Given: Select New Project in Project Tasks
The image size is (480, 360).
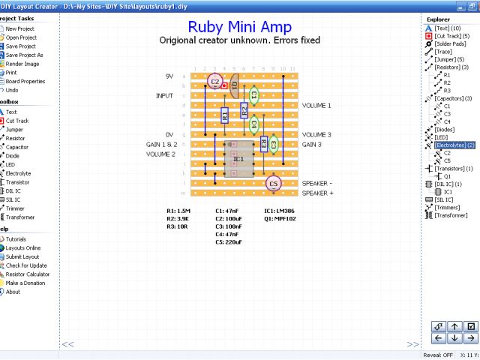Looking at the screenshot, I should coord(20,28).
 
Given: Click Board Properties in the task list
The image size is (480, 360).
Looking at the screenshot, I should coord(25,81).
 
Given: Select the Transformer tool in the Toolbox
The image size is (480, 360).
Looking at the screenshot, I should coord(22,217).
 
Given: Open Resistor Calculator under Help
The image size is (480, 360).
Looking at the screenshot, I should coord(28,274).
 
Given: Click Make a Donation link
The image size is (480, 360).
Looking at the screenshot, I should coord(25,283).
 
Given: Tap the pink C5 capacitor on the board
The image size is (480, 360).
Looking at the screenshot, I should coord(273,183).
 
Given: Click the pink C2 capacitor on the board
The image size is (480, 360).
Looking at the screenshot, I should coord(215,81).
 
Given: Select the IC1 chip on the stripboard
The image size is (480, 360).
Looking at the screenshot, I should coord(238,159).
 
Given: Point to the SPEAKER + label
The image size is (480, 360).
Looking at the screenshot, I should coord(318,193).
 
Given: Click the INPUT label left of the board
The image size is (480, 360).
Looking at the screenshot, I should coord(164,96).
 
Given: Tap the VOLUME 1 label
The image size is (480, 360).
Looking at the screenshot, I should coord(316,106).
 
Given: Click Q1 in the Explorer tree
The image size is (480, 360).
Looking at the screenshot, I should coord(447,176).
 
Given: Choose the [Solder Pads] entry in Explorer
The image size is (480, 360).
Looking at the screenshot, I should coord(450,43).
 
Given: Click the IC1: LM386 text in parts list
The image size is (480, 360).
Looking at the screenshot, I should coord(280,211).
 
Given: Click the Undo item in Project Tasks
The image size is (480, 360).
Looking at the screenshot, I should coord(12,90).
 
